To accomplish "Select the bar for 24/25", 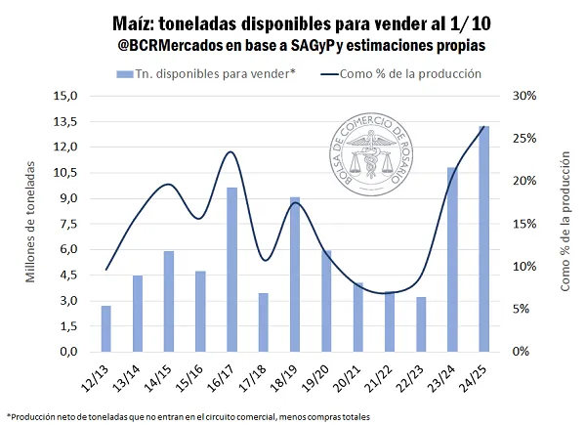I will (x=483, y=238).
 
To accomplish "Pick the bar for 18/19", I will (x=295, y=274).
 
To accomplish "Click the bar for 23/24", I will (x=452, y=259).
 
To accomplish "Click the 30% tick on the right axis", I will (x=523, y=97).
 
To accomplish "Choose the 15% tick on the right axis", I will (x=523, y=224).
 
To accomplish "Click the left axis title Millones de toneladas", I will (x=30, y=224).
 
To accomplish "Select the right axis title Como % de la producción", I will (x=565, y=224).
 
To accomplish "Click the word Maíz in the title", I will (x=155, y=23).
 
